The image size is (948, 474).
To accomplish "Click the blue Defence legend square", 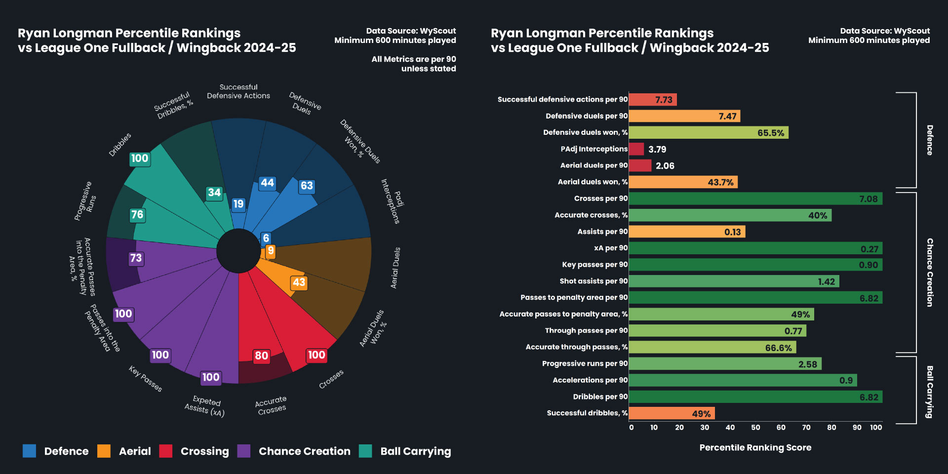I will tap(29, 451).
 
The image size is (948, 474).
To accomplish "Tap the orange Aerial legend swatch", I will tap(104, 451).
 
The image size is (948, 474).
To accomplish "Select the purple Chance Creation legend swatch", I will tap(244, 451).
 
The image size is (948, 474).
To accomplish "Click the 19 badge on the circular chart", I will tap(238, 204).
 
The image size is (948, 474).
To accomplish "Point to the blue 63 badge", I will tap(307, 186).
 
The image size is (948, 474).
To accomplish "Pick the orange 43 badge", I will tap(299, 282).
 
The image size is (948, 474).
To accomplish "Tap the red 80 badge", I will tap(261, 355).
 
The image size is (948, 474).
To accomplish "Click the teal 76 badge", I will tap(137, 215).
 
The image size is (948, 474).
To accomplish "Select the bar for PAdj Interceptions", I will tap(636, 149).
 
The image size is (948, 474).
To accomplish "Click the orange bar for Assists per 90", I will tap(686, 232).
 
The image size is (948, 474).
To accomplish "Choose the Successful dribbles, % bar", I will tap(671, 413).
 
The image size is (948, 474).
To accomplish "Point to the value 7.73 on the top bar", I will tap(664, 100).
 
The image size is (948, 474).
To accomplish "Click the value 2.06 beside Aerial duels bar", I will tap(665, 166).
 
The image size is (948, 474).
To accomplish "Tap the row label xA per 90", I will tap(611, 248).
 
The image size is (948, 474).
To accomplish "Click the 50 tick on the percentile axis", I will tap(755, 428).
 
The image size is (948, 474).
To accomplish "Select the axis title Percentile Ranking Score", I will tap(755, 448).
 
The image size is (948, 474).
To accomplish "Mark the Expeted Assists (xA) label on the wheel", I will tap(205, 406).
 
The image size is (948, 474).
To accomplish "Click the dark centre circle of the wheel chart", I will tap(238, 251).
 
